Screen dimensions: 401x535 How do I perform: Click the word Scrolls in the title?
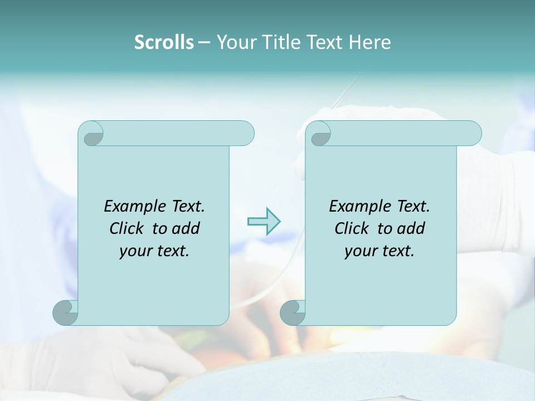pyautogui.click(x=164, y=42)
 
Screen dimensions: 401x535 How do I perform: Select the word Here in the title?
pyautogui.click(x=369, y=42)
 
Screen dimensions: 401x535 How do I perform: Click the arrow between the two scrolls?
pyautogui.click(x=264, y=222)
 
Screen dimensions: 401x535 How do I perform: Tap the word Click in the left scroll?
pyautogui.click(x=128, y=228)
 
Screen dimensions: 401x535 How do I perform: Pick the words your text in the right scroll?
pyautogui.click(x=380, y=251)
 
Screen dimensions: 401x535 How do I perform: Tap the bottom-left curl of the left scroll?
pyautogui.click(x=66, y=312)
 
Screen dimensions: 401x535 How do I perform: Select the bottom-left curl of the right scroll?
pyautogui.click(x=293, y=312)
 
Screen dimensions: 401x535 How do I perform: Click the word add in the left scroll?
pyautogui.click(x=187, y=228)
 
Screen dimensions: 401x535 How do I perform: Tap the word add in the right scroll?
pyautogui.click(x=412, y=228)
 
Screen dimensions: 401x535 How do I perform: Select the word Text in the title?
pyautogui.click(x=323, y=42)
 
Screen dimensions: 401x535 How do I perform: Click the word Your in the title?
pyautogui.click(x=234, y=42)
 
